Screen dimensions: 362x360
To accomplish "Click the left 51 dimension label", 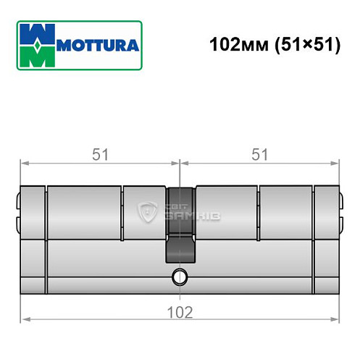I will pos(98,154).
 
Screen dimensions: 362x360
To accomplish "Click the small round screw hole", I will pos(179,277).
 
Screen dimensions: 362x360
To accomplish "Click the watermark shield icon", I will pos(148,212).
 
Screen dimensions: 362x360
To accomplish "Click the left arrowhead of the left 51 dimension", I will pos(24,164).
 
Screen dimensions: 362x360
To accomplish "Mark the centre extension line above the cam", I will pos(179,170).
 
